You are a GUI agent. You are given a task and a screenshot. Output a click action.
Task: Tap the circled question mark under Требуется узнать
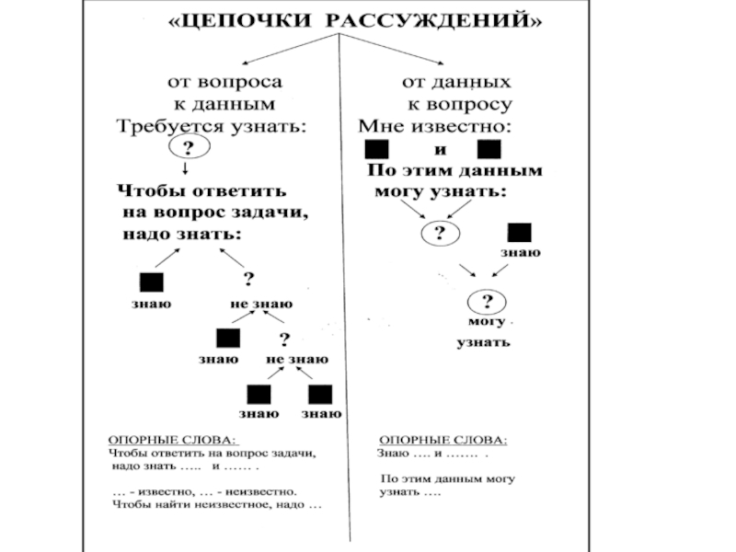(189, 147)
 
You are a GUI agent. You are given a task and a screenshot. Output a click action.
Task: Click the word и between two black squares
(440, 149)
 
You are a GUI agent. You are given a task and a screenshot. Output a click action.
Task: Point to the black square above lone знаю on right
(520, 232)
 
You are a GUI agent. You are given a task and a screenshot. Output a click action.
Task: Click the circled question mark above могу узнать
(488, 302)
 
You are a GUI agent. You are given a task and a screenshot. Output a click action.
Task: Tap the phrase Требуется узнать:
(210, 125)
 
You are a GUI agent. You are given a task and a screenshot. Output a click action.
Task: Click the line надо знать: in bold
(182, 235)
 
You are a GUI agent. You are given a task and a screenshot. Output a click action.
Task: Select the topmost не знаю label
(261, 305)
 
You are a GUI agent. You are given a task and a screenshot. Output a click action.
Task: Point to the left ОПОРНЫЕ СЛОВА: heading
(172, 441)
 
